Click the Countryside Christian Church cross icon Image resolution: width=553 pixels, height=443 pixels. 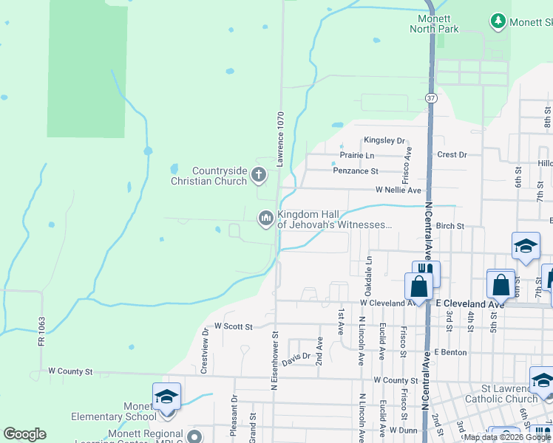click(258, 175)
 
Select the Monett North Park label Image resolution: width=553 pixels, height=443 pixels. click(435, 24)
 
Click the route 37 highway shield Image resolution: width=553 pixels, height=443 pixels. click(431, 97)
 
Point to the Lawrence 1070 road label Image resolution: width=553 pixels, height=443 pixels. click(281, 139)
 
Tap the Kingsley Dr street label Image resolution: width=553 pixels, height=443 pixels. click(384, 140)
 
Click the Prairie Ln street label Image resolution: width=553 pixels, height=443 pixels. click(357, 155)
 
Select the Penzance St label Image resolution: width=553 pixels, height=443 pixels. click(356, 171)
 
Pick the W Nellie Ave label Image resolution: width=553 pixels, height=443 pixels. click(398, 190)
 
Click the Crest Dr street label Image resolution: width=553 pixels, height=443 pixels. click(452, 155)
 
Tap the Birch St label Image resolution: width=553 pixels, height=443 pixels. click(449, 226)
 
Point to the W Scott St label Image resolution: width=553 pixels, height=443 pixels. click(233, 326)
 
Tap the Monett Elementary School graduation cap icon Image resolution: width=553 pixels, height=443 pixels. click(166, 396)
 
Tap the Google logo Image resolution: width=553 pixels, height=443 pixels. click(24, 434)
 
